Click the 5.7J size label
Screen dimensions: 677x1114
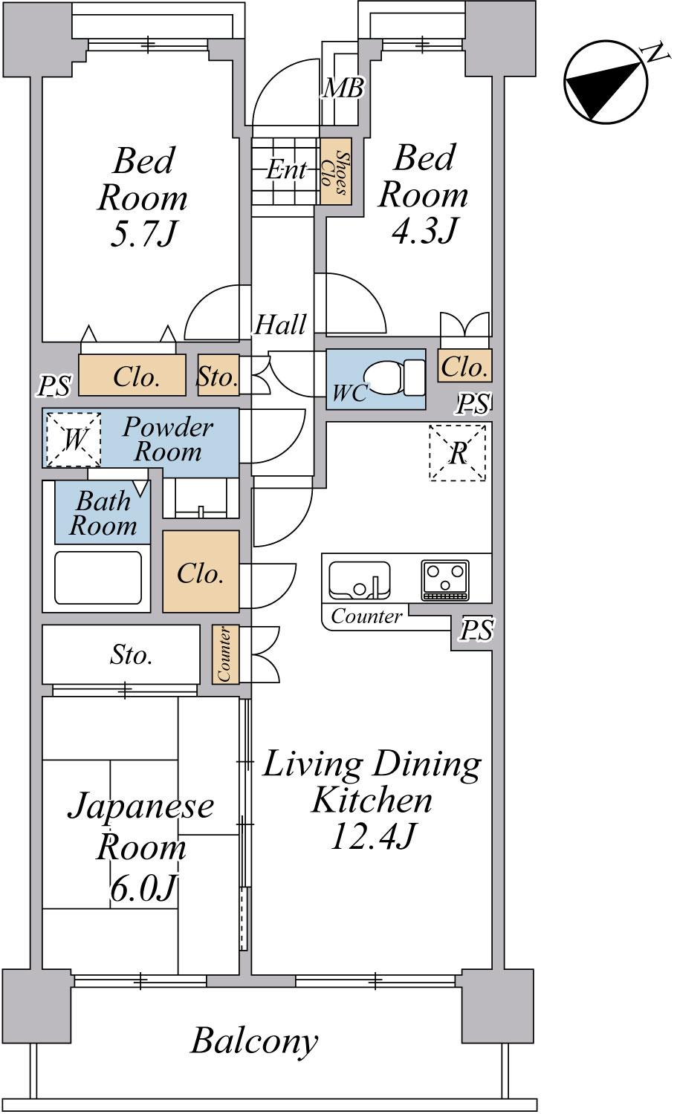tap(143, 234)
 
